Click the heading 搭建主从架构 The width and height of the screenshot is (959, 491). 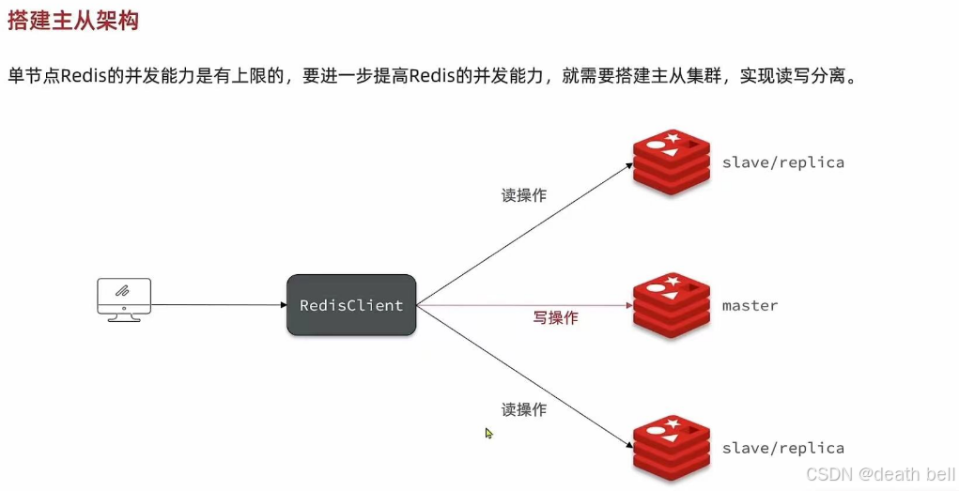[x=73, y=22]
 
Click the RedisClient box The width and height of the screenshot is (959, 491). [x=351, y=305]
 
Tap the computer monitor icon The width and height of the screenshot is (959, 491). [x=124, y=299]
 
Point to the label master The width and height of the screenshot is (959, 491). [x=750, y=306]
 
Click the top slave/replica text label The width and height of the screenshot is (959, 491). [x=782, y=162]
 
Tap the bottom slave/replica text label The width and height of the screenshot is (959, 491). [x=782, y=448]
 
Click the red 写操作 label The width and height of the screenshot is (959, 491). [x=556, y=318]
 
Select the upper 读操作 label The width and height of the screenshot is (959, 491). [x=523, y=195]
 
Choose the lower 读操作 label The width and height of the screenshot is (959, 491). [x=523, y=409]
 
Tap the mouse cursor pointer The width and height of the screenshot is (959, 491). [x=488, y=433]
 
